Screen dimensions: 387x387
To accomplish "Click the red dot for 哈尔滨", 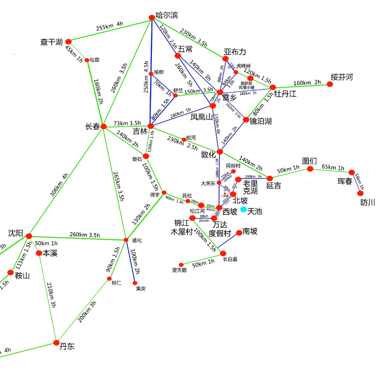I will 151,17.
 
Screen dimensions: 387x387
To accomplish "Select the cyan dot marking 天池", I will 243,209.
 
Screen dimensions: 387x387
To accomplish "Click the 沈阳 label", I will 15,233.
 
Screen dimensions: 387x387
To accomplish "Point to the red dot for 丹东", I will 56,343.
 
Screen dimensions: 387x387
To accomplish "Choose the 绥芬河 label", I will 342,77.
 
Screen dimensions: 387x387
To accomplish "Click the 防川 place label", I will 368,203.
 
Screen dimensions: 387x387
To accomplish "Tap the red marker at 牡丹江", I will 273,88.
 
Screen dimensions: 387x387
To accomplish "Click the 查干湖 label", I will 51,42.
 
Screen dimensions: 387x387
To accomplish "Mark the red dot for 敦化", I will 220,152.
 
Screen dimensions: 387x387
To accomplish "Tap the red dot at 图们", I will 310,169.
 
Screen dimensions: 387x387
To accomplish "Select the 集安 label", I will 140,289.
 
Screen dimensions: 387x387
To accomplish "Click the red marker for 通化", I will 126,240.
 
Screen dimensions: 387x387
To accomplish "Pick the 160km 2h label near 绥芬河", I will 307,83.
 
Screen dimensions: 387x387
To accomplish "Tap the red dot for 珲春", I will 352,172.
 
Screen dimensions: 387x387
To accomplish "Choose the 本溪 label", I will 50,253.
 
